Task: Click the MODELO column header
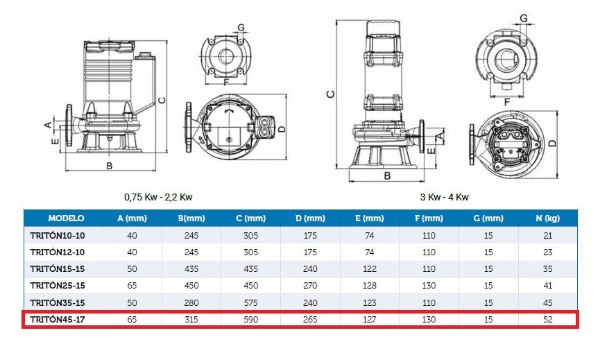click(x=66, y=218)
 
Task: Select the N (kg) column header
click(x=547, y=218)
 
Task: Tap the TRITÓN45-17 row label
click(x=58, y=320)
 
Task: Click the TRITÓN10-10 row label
click(x=58, y=235)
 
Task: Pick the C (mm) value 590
click(x=250, y=320)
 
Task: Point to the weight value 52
click(x=547, y=320)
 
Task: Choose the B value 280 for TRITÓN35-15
click(x=191, y=302)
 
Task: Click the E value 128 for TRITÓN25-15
click(x=369, y=286)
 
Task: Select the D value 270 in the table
click(x=310, y=286)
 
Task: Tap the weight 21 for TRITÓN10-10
click(x=547, y=235)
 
